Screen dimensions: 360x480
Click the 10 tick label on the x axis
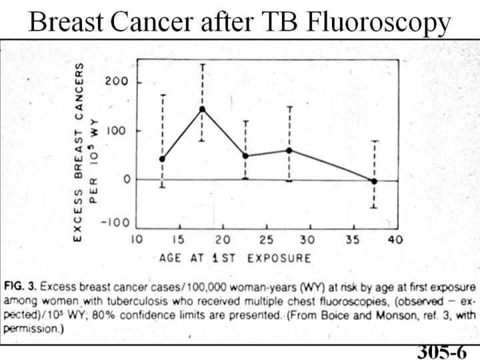coord(137,239)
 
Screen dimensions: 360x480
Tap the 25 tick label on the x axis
coord(266,239)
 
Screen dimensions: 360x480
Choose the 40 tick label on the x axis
coord(395,239)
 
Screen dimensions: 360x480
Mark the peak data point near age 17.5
coord(202,109)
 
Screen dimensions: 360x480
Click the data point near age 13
coord(162,159)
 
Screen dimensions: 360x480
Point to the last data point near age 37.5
coord(374,181)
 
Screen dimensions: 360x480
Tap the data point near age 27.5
coord(289,150)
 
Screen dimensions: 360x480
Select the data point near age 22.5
coord(245,156)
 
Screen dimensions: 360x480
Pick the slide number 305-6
coord(442,352)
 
